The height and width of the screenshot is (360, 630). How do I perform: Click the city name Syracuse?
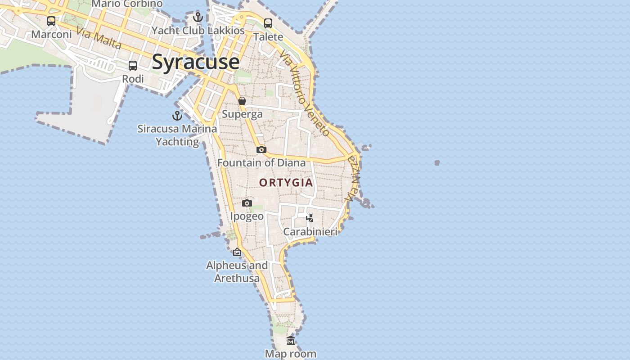pos(195,62)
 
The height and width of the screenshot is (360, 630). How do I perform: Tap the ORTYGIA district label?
pos(286,182)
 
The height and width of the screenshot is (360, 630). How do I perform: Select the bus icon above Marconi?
pos(51,21)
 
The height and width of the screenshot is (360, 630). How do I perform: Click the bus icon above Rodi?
pos(133,66)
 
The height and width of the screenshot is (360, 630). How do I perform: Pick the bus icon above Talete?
pos(268,23)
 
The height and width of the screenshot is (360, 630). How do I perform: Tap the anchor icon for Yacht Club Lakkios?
pos(198,18)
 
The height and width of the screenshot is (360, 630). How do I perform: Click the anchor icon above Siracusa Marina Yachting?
pos(177,116)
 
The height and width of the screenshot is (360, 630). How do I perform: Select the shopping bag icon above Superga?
pos(242,101)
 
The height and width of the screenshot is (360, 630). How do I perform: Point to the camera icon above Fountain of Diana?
pos(261,149)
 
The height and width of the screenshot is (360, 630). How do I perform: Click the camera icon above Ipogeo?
pos(247,203)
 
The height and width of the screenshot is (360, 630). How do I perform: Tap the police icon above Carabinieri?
pos(310,218)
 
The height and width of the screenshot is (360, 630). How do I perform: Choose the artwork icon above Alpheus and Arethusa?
pos(237,252)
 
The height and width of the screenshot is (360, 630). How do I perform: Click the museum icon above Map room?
pos(291,341)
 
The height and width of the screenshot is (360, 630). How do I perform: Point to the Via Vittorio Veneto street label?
pos(305,94)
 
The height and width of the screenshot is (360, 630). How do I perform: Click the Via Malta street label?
pos(99,38)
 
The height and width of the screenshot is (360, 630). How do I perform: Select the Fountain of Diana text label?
pos(261,162)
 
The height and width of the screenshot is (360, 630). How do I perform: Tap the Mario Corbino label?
pos(127,4)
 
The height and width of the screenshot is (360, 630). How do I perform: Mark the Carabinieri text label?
pos(310,232)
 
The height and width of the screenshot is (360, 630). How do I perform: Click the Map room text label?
pos(291,354)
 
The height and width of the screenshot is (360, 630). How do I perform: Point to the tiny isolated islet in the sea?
pos(437,163)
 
